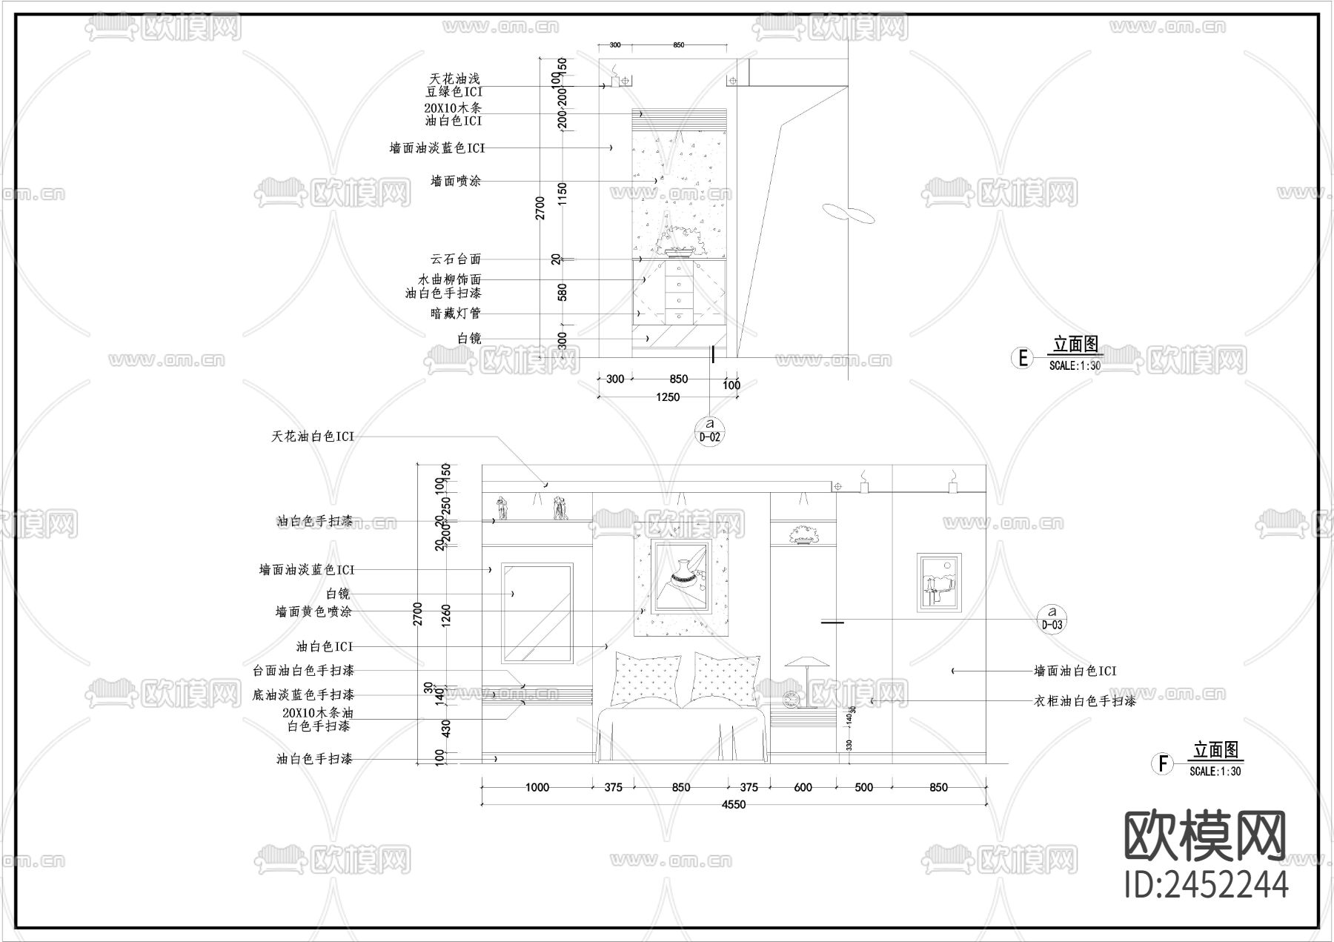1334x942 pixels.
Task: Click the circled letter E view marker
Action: click(x=1023, y=358)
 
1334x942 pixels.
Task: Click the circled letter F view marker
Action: click(x=1162, y=763)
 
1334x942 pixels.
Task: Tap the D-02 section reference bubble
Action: click(x=710, y=431)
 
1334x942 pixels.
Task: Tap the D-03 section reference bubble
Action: click(x=1052, y=618)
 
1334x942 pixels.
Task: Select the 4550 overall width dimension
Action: click(x=734, y=805)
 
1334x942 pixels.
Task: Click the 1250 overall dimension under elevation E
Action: click(x=668, y=397)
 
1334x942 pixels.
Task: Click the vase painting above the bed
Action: click(x=681, y=575)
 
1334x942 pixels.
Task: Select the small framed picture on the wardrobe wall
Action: click(x=939, y=582)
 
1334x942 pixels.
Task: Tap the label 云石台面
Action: click(x=456, y=259)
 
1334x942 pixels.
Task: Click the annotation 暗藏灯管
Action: click(x=456, y=314)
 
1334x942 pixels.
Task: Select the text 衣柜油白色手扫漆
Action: click(x=1084, y=700)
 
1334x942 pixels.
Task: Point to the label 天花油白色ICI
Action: click(x=313, y=437)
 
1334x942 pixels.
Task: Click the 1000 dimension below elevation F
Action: click(x=537, y=787)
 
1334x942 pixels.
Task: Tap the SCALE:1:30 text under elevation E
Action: click(x=1075, y=365)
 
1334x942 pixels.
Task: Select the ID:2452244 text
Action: click(x=1207, y=884)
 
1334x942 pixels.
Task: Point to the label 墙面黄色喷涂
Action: click(x=313, y=612)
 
